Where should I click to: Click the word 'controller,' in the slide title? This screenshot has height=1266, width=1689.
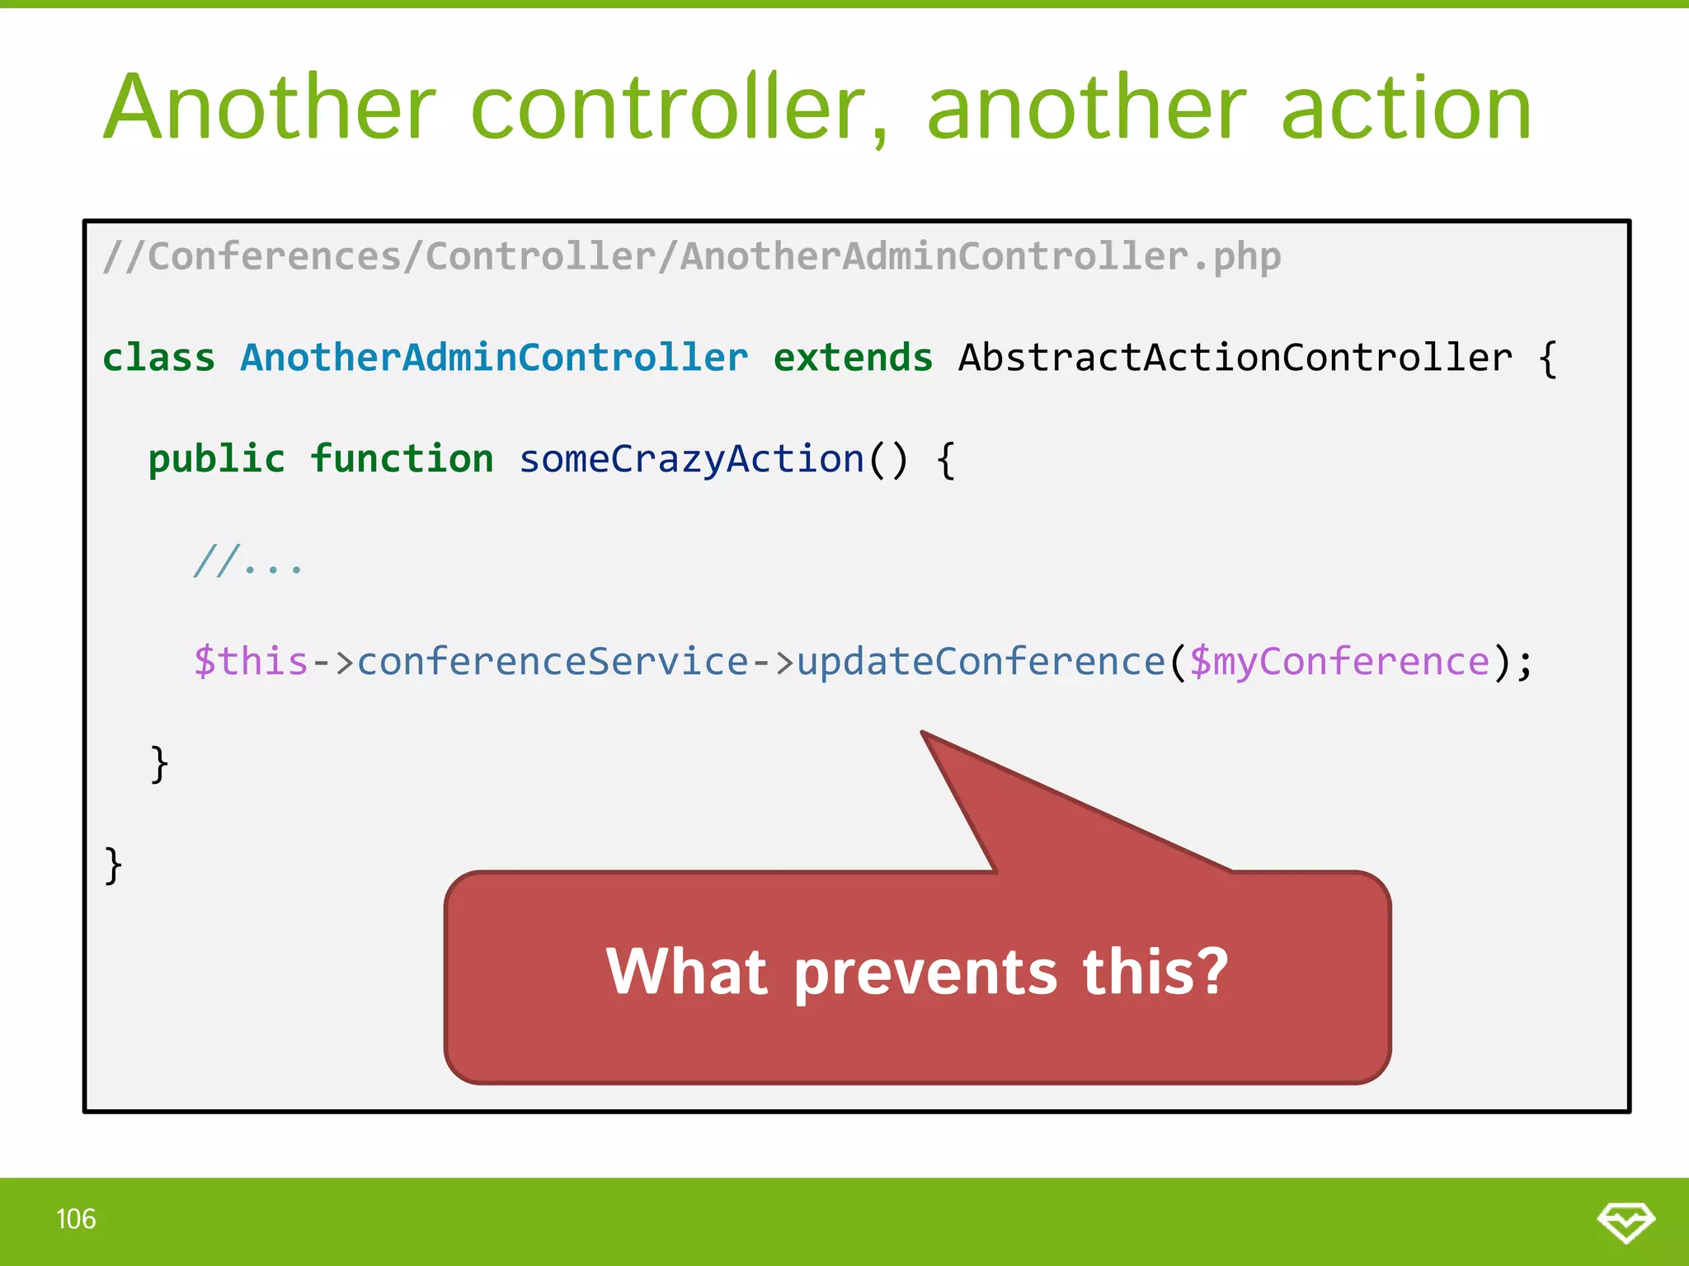tap(680, 109)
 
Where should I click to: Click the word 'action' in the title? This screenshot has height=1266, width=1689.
tap(1406, 109)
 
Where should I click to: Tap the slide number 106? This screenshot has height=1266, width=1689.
tap(76, 1219)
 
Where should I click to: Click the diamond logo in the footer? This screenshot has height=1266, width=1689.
tap(1625, 1221)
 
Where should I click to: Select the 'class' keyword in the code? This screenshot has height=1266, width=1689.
tap(158, 358)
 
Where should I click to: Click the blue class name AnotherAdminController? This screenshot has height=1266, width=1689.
tap(493, 358)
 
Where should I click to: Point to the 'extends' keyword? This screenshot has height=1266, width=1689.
tap(852, 358)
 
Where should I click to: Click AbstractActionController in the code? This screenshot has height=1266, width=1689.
tap(1235, 358)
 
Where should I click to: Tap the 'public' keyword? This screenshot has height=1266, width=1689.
tap(216, 459)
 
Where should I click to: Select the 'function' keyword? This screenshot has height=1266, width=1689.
tap(402, 459)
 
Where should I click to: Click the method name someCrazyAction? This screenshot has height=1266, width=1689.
tap(691, 459)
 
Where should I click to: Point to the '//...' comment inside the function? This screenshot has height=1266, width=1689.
tap(247, 561)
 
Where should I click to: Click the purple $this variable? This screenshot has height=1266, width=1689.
tap(251, 662)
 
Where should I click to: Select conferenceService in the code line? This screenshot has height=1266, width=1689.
tap(553, 662)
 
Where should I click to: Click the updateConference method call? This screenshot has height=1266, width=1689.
tap(981, 662)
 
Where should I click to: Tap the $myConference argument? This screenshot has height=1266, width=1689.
tap(1339, 662)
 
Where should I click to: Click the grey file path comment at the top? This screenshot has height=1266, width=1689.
tap(691, 256)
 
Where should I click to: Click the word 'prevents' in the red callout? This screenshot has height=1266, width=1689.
tap(925, 973)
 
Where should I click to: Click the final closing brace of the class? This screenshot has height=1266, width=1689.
tap(114, 865)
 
